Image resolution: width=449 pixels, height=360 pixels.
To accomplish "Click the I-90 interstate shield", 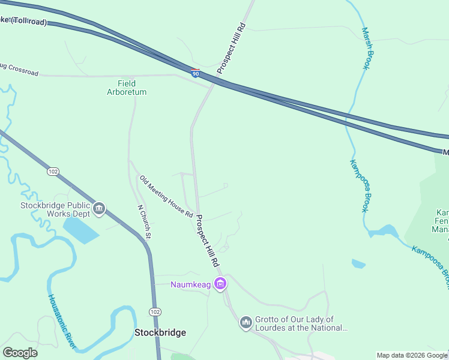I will click(196, 73).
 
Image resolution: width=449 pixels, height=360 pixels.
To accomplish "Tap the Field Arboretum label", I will click(127, 88).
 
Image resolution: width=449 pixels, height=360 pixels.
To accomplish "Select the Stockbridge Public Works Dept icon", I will click(100, 209).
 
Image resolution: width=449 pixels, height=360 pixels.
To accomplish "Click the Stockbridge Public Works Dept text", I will click(55, 209).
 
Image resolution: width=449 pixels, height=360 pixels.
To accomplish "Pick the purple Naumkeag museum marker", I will click(221, 284).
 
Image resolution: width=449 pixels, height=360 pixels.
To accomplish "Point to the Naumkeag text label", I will click(191, 284).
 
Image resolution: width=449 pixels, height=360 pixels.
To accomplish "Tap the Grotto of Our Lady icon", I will click(246, 323).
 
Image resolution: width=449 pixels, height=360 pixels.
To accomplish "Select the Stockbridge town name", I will click(160, 332).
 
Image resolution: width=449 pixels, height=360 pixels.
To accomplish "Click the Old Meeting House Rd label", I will click(166, 196).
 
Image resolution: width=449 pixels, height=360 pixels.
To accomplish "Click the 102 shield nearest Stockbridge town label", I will click(155, 312).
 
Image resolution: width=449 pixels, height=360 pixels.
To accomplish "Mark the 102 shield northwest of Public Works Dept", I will click(53, 172).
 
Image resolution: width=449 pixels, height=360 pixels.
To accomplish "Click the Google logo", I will click(20, 353).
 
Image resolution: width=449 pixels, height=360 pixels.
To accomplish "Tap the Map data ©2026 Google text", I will click(412, 355).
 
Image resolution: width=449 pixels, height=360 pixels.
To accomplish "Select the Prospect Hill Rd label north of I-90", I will click(232, 49).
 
